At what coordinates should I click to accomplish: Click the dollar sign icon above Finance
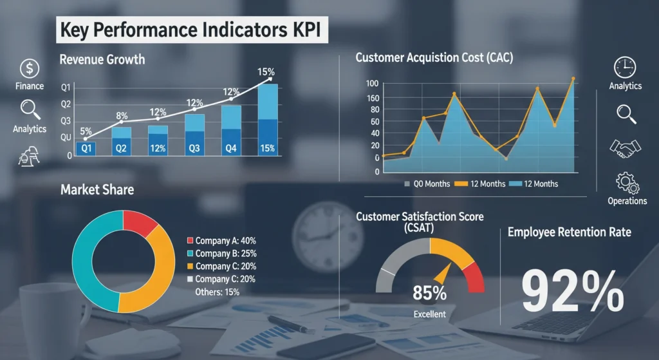[30, 68]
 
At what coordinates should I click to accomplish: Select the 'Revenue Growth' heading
[102, 60]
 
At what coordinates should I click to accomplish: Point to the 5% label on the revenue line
[86, 131]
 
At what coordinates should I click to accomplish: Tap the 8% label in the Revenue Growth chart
[122, 116]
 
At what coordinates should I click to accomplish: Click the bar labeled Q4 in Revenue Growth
[231, 147]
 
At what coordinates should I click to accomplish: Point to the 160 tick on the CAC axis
[373, 98]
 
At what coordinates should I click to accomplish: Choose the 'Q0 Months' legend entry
[427, 184]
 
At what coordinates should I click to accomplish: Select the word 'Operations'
[627, 201]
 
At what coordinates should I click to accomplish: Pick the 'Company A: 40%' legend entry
[225, 240]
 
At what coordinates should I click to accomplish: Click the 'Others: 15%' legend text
[216, 292]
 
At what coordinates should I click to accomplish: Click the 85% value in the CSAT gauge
[430, 294]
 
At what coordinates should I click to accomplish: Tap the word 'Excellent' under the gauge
[430, 314]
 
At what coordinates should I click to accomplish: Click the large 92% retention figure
[572, 292]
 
